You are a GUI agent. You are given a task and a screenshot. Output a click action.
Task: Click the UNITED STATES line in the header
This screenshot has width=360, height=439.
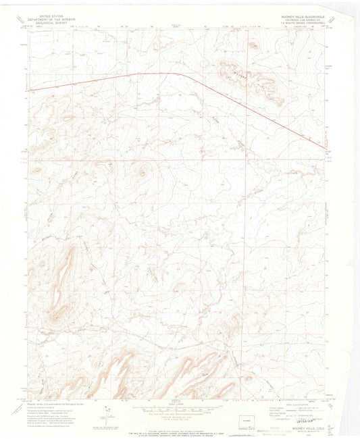tap(54, 14)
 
